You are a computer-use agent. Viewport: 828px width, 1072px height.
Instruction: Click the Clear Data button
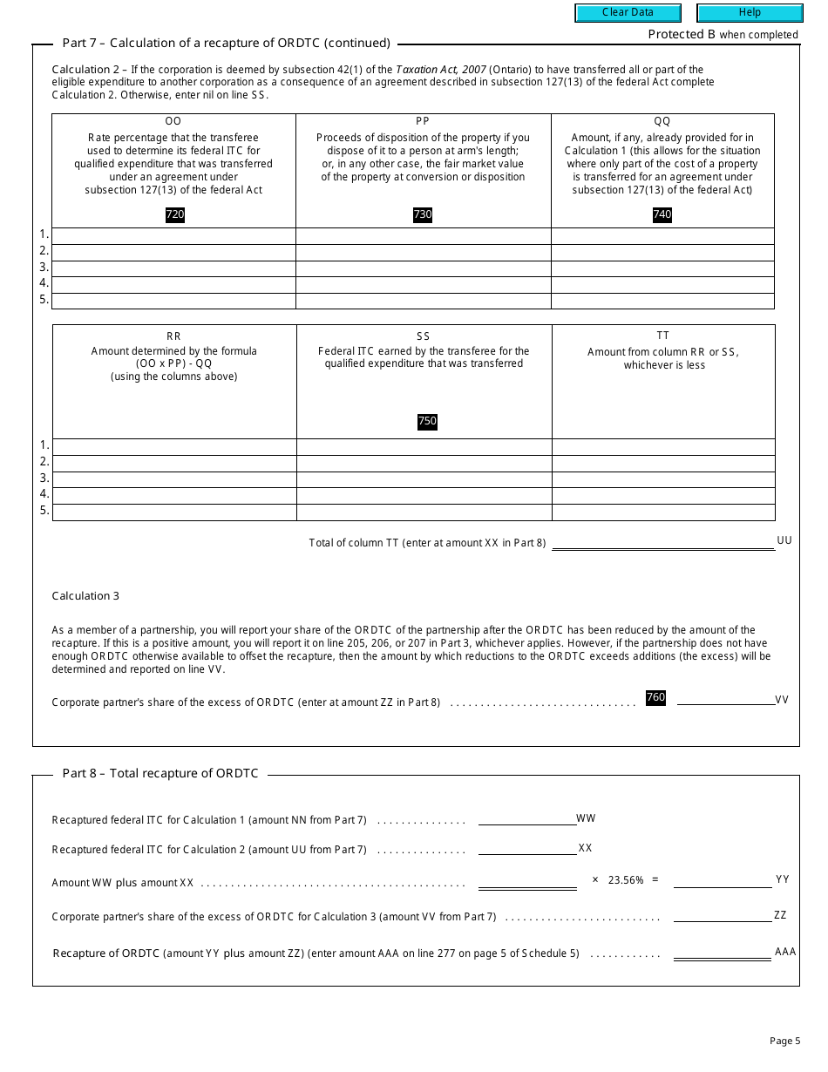coord(627,13)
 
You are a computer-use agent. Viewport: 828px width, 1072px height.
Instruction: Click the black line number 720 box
coord(174,214)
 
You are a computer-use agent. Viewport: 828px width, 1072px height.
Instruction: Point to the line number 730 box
coord(423,214)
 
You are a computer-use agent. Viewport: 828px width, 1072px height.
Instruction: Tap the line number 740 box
coord(662,214)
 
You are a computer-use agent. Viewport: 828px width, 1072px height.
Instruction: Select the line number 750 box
coord(427,421)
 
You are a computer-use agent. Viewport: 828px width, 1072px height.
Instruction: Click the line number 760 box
coord(655,697)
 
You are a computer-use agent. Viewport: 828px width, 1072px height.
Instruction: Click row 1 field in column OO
coord(173,236)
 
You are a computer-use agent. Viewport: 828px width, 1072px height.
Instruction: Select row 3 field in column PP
coord(423,268)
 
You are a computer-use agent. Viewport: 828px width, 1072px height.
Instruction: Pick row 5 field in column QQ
coord(662,301)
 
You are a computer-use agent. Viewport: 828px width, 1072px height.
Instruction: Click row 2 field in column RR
coord(174,463)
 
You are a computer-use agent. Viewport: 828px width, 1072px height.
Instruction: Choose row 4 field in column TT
coord(663,496)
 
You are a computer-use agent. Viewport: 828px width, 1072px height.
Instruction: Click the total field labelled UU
coord(662,542)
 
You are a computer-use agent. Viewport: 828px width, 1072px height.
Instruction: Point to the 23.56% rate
coord(626,880)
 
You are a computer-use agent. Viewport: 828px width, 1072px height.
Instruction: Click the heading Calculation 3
coord(85,596)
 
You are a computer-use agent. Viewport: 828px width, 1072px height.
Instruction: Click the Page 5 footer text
coord(784,1041)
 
